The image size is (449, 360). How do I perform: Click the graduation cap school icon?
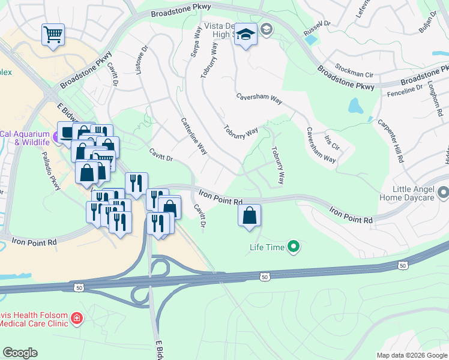click(x=246, y=35)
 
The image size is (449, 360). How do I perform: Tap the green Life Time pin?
click(x=294, y=246)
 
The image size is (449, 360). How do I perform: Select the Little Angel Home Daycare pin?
click(x=443, y=193)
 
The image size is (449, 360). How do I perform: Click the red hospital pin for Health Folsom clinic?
click(x=76, y=317)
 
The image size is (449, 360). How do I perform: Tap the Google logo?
click(x=20, y=353)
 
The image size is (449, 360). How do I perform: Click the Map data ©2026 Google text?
click(x=411, y=355)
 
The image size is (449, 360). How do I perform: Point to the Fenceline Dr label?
click(x=405, y=91)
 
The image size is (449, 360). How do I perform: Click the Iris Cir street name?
click(x=332, y=143)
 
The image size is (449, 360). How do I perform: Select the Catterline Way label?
click(x=194, y=136)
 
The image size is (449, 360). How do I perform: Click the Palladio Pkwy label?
click(x=50, y=171)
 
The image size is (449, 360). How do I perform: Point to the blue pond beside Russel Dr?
click(x=310, y=40)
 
